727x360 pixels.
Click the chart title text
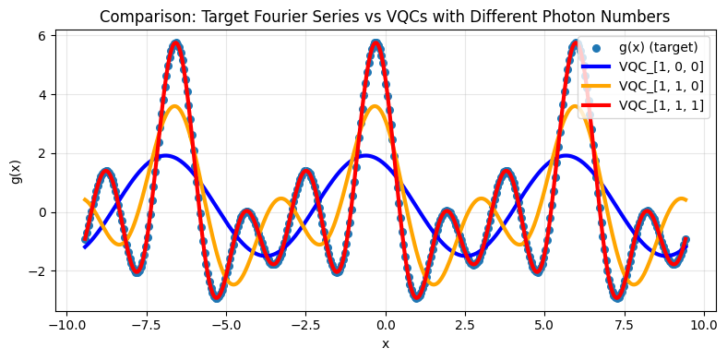click(385, 16)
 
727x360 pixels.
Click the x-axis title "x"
click(385, 343)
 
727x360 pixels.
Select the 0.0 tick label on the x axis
click(385, 326)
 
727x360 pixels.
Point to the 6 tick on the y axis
click(43, 35)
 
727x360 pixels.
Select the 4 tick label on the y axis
click(43, 94)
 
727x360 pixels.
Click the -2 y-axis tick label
click(38, 270)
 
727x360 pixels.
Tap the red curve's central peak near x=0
click(375, 42)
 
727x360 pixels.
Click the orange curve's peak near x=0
click(373, 106)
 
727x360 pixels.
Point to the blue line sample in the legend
click(598, 67)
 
